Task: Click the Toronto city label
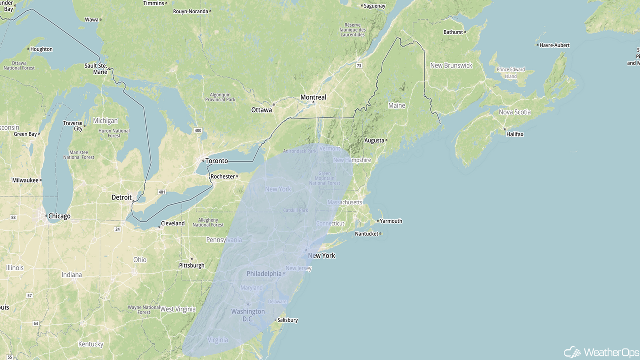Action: coord(216,161)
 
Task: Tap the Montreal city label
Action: coord(313,97)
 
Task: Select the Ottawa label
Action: coord(262,110)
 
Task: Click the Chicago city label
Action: coord(59,216)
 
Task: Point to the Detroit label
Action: coord(122,197)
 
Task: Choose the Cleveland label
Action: coord(173,223)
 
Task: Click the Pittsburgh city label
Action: coord(192,265)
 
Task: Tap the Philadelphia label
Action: coord(264,274)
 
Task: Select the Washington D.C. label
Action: coord(248,315)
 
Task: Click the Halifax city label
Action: coord(515,134)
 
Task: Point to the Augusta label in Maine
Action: coord(375,141)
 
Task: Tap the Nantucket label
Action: coord(367,234)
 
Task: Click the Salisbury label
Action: coord(287,320)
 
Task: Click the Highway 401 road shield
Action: coord(161,192)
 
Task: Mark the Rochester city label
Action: coord(223,176)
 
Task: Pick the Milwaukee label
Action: coord(25,180)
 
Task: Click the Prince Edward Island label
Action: coord(510,73)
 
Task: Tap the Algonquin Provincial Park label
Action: coord(220,97)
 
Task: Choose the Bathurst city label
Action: coord(454,32)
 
